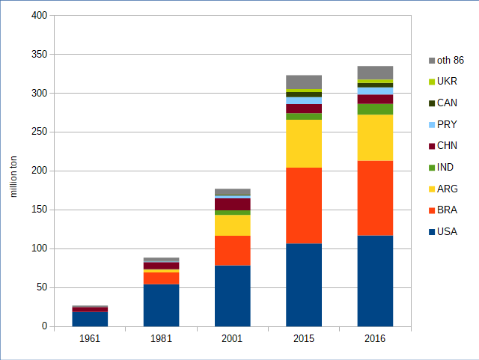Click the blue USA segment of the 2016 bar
point(375,281)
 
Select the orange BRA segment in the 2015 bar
point(304,205)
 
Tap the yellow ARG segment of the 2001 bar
point(232,225)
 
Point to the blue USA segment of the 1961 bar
point(90,319)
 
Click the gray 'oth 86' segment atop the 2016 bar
point(375,72)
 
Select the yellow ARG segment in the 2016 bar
point(375,137)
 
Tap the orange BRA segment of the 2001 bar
point(232,250)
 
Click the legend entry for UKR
point(447,81)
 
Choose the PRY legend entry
point(447,124)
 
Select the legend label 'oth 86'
point(450,60)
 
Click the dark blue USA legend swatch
point(432,232)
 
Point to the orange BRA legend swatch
point(432,210)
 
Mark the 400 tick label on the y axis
point(40,16)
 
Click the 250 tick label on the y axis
point(40,132)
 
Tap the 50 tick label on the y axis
point(43,287)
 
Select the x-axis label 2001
point(232,339)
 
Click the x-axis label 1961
point(90,339)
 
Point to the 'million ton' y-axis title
point(13,177)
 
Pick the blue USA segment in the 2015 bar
point(304,284)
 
